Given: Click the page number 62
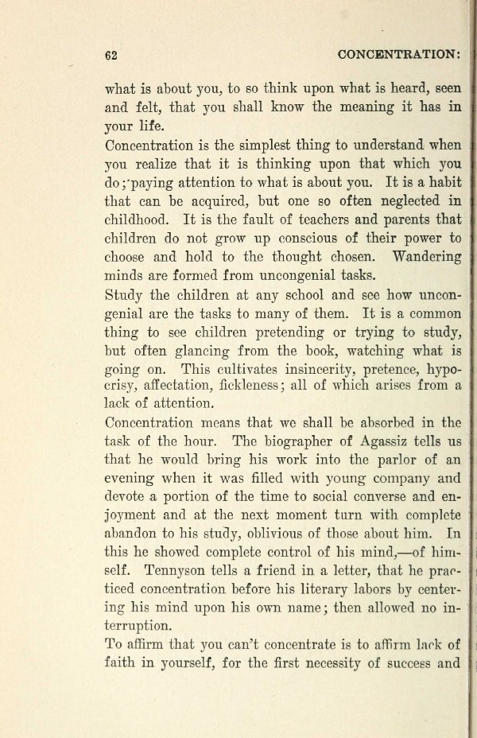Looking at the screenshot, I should (111, 55).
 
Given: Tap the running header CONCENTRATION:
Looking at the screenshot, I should (399, 55).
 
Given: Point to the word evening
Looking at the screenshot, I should (132, 478).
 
